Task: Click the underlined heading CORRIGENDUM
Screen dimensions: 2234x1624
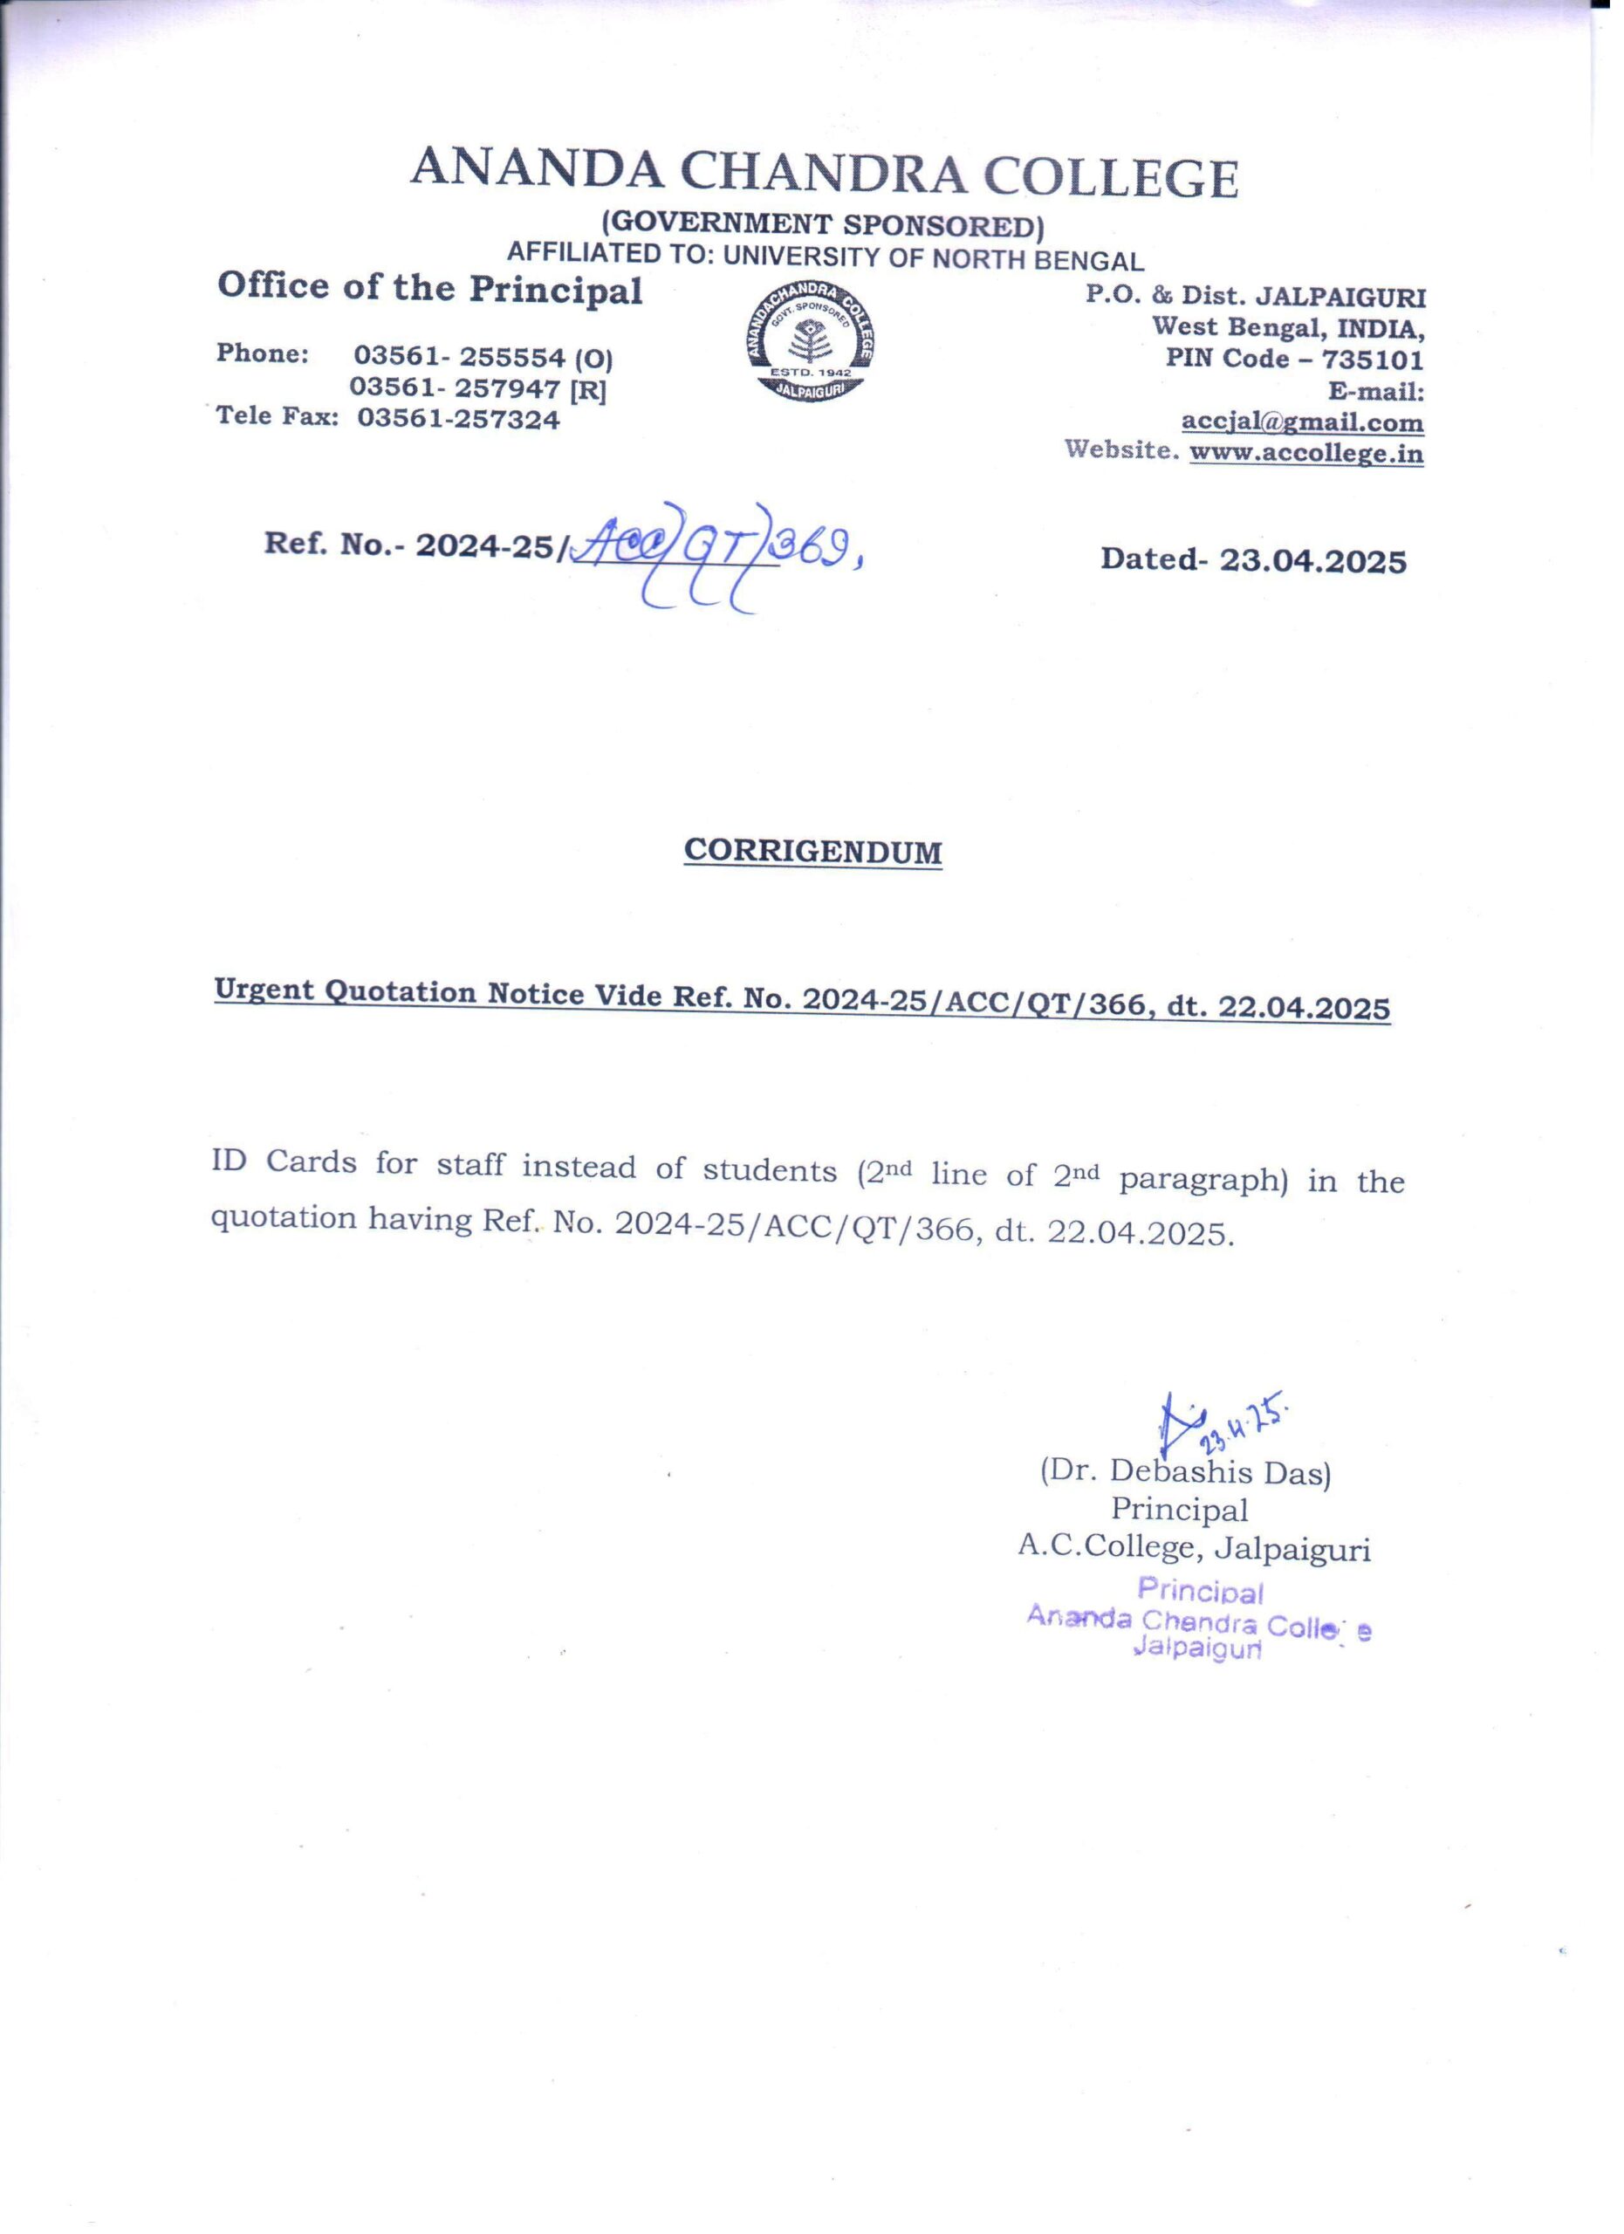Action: point(812,851)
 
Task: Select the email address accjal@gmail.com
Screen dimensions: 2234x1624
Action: point(1302,422)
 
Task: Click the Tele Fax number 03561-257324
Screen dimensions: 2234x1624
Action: point(458,420)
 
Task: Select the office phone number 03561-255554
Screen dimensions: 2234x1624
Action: point(459,357)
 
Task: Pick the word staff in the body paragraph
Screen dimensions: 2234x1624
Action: point(469,1165)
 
